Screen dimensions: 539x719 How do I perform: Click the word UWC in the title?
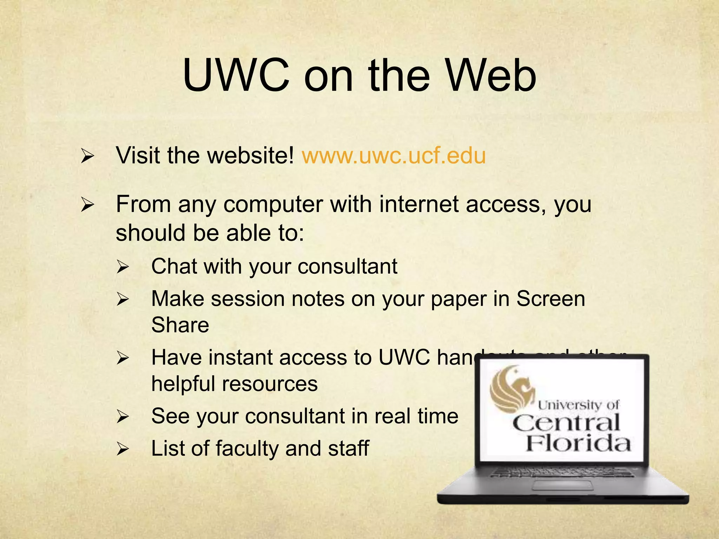pos(236,76)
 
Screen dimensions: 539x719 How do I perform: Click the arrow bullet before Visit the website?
pos(87,156)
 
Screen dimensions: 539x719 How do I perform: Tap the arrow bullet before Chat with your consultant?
pos(123,267)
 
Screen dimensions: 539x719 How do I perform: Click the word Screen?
pos(550,299)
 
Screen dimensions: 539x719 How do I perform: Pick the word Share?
pos(180,325)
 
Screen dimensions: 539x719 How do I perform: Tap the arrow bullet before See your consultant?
pos(123,417)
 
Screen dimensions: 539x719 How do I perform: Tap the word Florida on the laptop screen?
pos(578,444)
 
